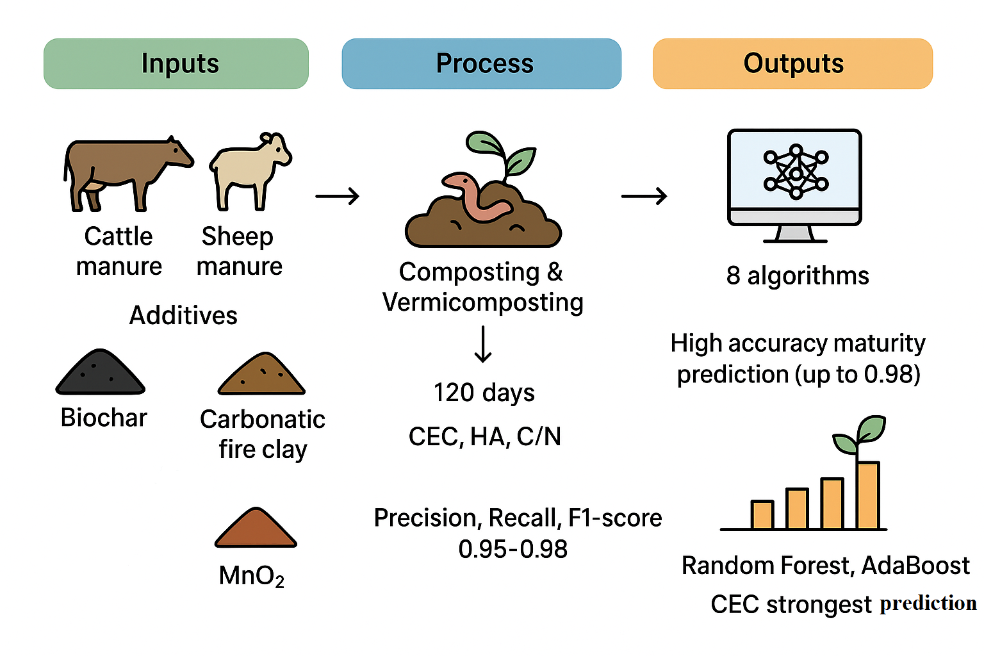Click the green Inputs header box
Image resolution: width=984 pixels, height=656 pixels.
click(x=176, y=63)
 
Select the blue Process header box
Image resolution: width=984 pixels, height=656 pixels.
click(x=482, y=63)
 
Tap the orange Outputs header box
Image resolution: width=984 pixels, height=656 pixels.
click(x=792, y=63)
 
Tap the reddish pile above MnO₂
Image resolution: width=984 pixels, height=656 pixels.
click(x=256, y=529)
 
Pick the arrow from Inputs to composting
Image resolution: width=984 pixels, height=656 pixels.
click(x=337, y=195)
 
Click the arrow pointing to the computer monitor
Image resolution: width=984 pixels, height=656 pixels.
click(x=644, y=195)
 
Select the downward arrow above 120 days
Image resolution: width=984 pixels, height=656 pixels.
click(x=483, y=344)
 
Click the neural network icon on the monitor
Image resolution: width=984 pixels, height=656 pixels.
click(x=796, y=171)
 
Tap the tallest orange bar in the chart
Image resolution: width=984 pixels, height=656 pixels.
click(x=868, y=495)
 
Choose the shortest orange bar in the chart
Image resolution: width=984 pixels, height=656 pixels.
click(x=762, y=514)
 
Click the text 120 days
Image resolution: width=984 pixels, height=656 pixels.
click(x=484, y=392)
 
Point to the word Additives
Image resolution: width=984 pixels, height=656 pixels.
click(x=183, y=315)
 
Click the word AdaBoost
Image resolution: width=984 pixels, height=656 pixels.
click(x=915, y=566)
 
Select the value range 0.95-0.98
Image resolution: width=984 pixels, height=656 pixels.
click(x=512, y=549)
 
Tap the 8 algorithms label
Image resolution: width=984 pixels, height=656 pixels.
click(x=798, y=275)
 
